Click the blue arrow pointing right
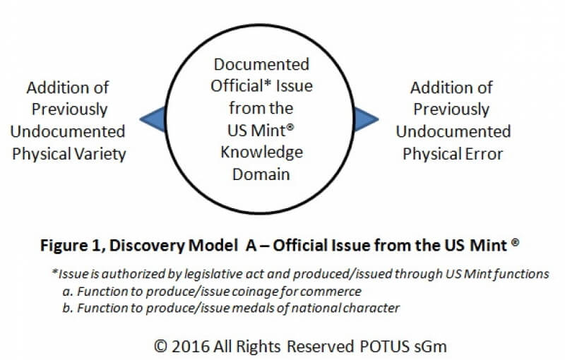[x=364, y=119]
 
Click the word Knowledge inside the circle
[x=261, y=152]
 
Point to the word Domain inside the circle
[x=261, y=174]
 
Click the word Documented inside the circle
[x=261, y=64]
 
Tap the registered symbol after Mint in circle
[x=290, y=127]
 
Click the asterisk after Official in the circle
[x=268, y=82]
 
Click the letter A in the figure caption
[x=251, y=246]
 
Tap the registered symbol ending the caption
[x=516, y=243]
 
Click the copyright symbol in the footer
[x=161, y=347]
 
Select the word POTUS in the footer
[x=385, y=347]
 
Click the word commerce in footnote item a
[x=331, y=292]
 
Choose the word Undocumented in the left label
[x=68, y=132]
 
